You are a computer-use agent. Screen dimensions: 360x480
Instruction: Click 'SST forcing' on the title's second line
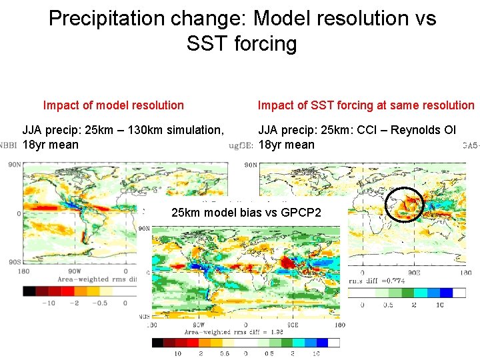click(x=242, y=44)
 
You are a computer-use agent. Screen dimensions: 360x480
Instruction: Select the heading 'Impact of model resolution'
click(x=113, y=105)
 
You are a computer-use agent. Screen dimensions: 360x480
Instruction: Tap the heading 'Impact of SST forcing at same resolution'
click(x=366, y=105)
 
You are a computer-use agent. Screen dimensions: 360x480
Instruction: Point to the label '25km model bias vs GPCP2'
click(x=246, y=213)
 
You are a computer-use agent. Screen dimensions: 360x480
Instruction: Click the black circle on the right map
click(x=407, y=204)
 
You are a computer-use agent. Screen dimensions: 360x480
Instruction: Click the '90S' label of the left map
click(x=13, y=262)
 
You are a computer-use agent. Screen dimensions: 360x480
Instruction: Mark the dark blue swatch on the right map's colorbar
click(x=457, y=292)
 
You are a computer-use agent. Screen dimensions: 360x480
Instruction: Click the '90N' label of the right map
click(x=251, y=165)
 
